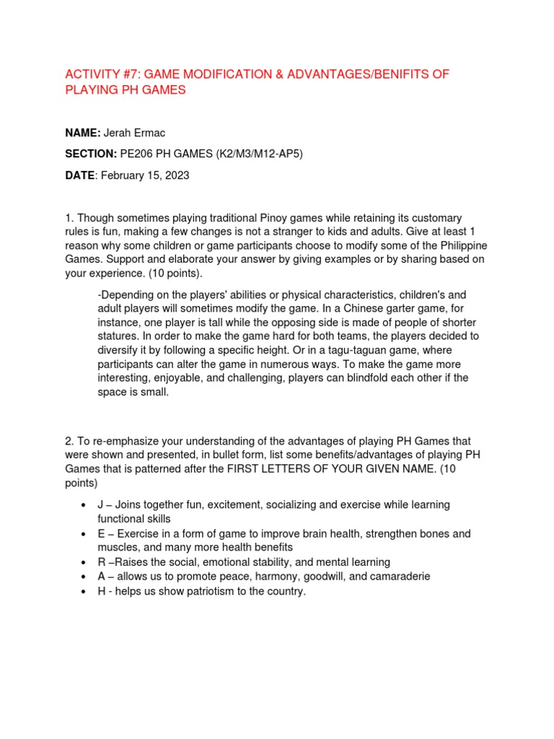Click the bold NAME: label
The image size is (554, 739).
coord(83,134)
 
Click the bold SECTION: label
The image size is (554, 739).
coord(91,154)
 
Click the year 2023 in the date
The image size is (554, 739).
coord(175,175)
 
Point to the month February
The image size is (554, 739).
coord(125,175)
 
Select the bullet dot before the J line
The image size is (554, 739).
coord(84,505)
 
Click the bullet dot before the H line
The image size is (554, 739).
coord(84,591)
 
